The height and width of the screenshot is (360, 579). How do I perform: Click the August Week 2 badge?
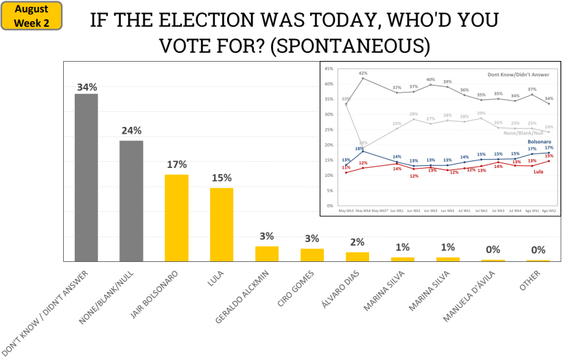click(x=32, y=16)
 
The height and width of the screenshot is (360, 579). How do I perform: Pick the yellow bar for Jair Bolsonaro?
click(x=176, y=217)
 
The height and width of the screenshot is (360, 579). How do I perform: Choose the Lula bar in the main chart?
click(x=222, y=224)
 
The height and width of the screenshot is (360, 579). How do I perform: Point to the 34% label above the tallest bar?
click(x=86, y=87)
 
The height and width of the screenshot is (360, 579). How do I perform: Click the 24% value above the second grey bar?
click(x=131, y=130)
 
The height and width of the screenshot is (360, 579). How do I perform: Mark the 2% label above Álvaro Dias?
click(x=357, y=242)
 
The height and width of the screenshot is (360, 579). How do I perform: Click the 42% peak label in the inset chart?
click(x=363, y=73)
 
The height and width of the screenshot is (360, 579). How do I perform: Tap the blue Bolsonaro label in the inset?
click(x=539, y=141)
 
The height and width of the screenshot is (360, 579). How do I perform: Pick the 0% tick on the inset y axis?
click(x=330, y=206)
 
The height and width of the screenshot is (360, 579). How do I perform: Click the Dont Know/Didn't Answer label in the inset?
click(x=518, y=73)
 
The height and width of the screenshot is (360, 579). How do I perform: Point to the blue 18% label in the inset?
click(x=358, y=148)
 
